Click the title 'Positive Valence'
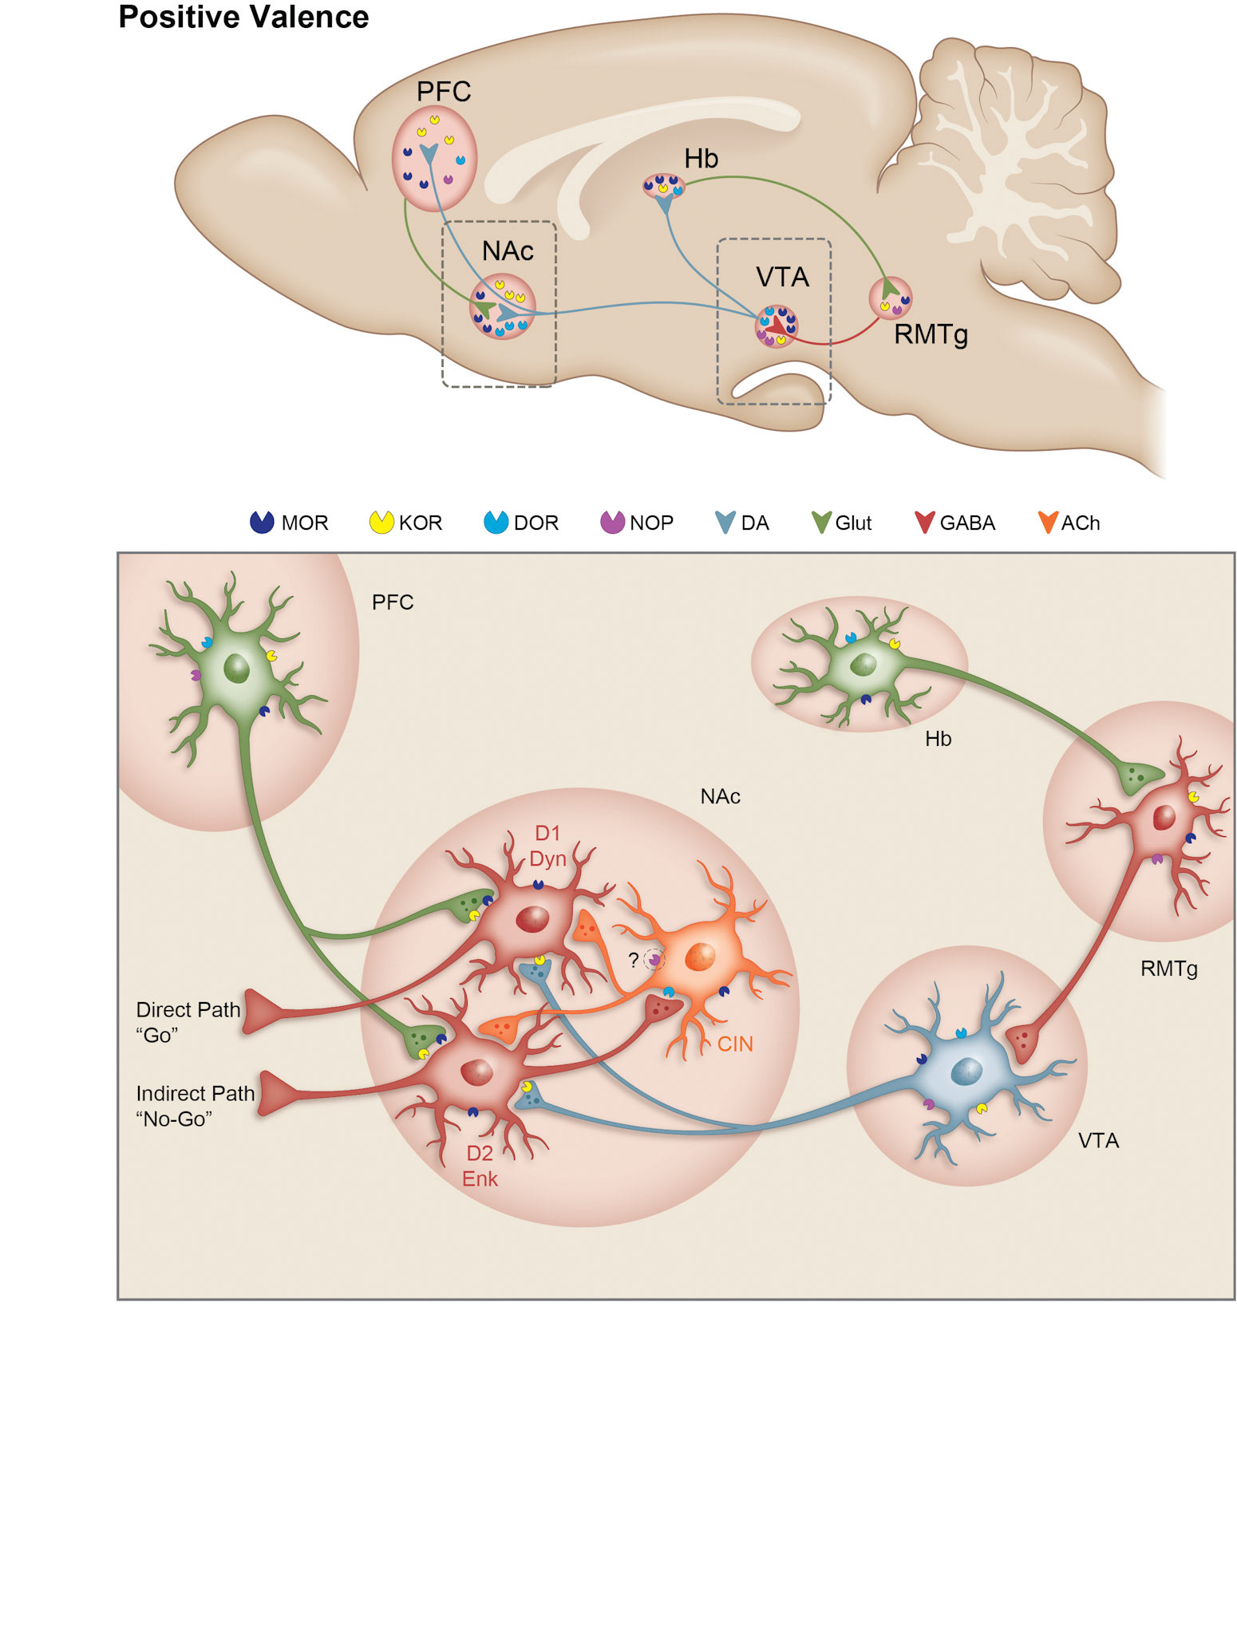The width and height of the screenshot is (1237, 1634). click(x=243, y=17)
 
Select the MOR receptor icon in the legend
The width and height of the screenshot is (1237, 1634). click(x=262, y=522)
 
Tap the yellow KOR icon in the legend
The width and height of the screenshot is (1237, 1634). click(x=381, y=522)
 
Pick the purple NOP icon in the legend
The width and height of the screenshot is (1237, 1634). click(x=612, y=522)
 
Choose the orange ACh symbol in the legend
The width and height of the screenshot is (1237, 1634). click(x=1048, y=522)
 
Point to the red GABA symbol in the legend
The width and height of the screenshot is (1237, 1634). click(x=925, y=522)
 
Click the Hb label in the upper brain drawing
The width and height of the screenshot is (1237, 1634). click(x=701, y=159)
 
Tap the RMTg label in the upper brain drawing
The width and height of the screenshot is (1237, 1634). click(x=931, y=334)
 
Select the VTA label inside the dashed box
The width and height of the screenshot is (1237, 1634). click(x=782, y=277)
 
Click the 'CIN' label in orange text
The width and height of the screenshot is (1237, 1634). click(x=734, y=1044)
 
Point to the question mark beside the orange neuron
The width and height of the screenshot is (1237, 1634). click(x=634, y=960)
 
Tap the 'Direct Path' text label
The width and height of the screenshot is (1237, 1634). click(x=188, y=1010)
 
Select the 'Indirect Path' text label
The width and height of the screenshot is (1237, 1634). click(x=195, y=1093)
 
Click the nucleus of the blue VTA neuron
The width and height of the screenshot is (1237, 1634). click(x=966, y=1071)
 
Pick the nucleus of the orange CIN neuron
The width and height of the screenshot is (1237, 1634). click(x=700, y=956)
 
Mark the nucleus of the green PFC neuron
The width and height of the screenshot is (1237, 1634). click(x=237, y=669)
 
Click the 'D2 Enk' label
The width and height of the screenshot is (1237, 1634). click(x=480, y=1166)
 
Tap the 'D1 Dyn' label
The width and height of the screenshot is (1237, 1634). click(x=547, y=846)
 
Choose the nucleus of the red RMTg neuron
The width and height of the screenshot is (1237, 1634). click(x=1164, y=818)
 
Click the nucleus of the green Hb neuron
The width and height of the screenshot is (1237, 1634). click(x=864, y=664)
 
